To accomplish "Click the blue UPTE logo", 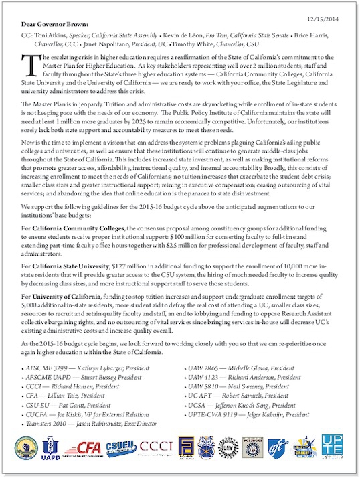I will pos(331,447).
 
